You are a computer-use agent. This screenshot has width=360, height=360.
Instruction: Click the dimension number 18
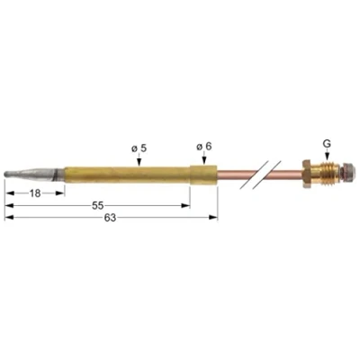(35, 193)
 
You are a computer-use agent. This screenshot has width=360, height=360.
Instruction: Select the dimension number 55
(98, 206)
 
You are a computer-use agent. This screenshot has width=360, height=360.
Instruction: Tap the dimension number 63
(110, 218)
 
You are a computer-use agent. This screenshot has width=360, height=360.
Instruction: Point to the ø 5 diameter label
(139, 148)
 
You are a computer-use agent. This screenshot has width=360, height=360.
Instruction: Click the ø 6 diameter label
(204, 147)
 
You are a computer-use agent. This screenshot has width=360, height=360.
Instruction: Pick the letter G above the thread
(327, 144)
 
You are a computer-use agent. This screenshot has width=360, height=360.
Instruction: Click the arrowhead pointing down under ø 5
(139, 162)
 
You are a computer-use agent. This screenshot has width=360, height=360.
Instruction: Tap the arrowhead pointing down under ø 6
(204, 161)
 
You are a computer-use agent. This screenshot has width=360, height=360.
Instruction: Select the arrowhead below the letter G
(327, 156)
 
